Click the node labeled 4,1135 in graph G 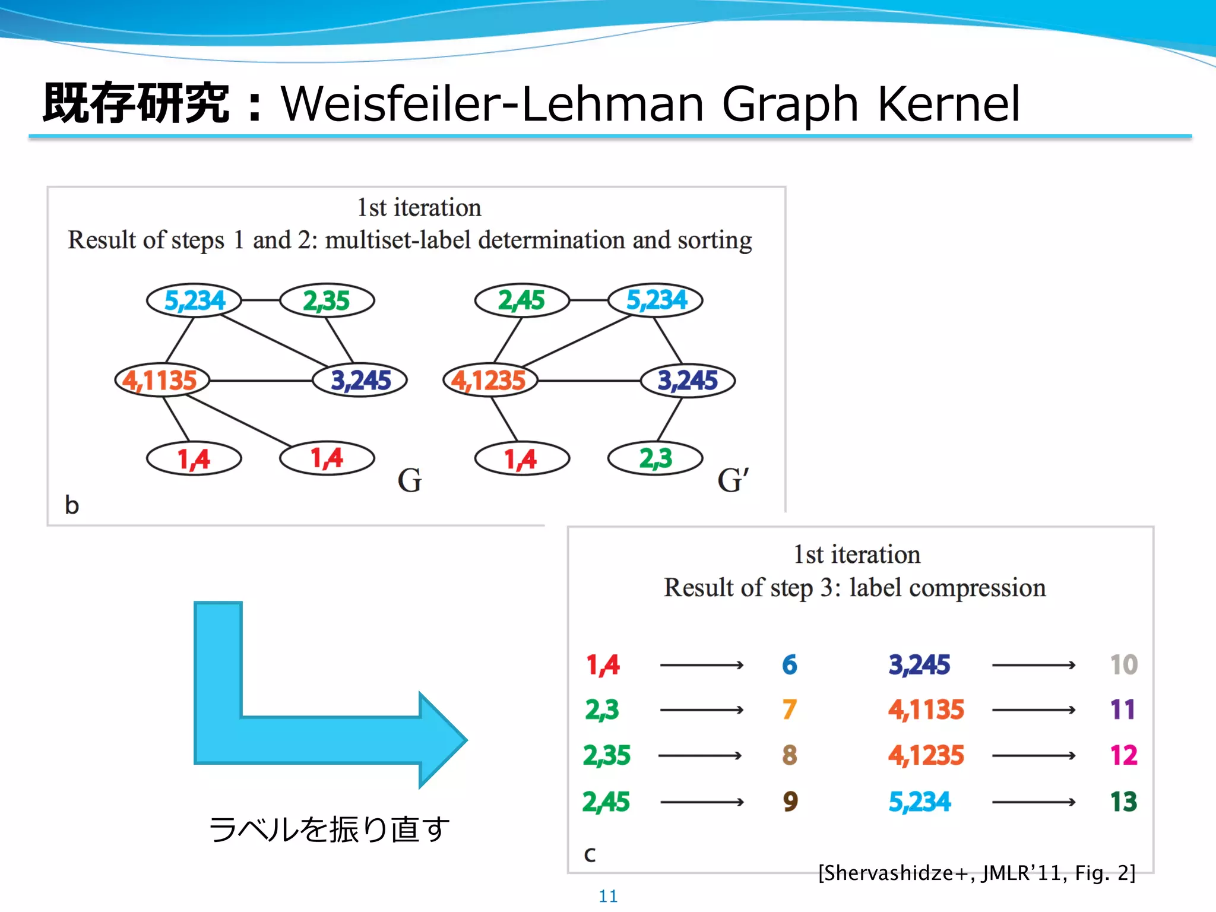161,380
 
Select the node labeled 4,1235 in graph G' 490,380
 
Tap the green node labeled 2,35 327,300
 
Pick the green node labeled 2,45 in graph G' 521,300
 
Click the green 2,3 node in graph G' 655,458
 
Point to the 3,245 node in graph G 360,380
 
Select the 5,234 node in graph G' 656,300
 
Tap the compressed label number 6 789,665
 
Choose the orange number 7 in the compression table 789,710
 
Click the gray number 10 1123,665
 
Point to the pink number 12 1123,755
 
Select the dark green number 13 1123,802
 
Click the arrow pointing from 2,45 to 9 702,802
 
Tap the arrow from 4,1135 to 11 1034,710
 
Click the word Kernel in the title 948,104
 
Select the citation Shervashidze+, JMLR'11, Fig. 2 977,873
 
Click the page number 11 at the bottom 608,896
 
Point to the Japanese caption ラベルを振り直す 329,829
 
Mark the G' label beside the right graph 733,480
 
